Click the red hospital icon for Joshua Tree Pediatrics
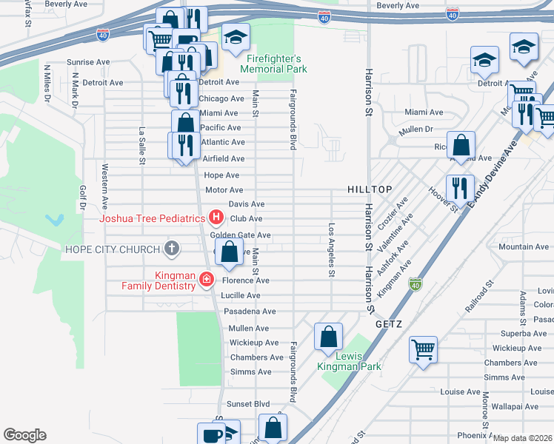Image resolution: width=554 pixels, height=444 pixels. click(x=216, y=218)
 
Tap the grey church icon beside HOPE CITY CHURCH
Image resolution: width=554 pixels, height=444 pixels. click(x=172, y=249)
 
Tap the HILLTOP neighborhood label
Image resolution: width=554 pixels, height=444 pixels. click(x=370, y=190)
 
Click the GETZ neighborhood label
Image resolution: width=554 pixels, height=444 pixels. click(x=388, y=324)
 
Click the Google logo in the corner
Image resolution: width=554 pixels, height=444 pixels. click(x=24, y=435)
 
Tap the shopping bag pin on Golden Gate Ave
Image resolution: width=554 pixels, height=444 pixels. click(x=230, y=252)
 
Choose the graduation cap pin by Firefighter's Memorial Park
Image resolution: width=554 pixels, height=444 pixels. click(x=236, y=36)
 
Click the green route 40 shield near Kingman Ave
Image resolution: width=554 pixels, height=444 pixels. click(x=415, y=284)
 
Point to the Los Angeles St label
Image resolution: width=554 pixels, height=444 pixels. click(x=331, y=250)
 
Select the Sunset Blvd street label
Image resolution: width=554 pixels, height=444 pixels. click(x=248, y=404)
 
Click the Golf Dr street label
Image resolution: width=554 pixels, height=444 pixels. click(x=83, y=196)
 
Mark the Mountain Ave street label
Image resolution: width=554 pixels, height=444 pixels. click(x=523, y=246)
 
